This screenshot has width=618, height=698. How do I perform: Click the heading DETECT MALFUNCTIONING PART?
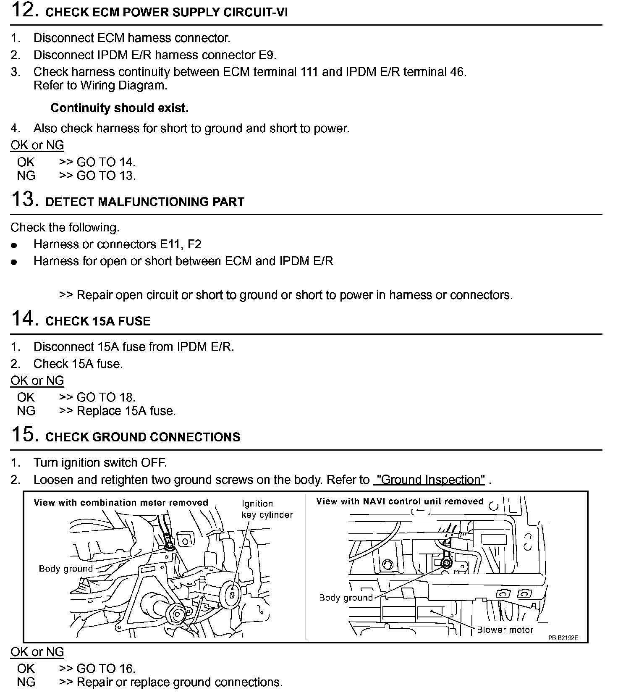point(145,202)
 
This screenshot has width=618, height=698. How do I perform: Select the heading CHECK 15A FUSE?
point(98,321)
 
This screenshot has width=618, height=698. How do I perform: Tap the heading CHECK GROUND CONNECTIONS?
point(143,437)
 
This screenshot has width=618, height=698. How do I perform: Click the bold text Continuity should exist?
point(120,108)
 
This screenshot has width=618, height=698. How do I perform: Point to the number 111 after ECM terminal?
point(309,72)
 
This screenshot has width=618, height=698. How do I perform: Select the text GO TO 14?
point(106,162)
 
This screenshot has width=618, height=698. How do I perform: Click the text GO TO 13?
point(106,176)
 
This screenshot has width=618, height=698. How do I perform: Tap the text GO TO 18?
point(106,397)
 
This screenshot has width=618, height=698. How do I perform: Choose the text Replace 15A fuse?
point(126,411)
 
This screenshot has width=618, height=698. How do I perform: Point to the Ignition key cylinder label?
point(267,509)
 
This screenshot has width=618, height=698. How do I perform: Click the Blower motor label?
point(505,630)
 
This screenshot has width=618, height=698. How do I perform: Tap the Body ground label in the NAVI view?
point(346,598)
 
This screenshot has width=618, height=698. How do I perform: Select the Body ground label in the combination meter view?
point(66,569)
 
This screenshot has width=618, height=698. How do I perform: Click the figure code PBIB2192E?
point(563,638)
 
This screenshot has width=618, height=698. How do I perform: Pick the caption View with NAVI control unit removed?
point(400,501)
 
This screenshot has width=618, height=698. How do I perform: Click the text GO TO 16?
point(106,669)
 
